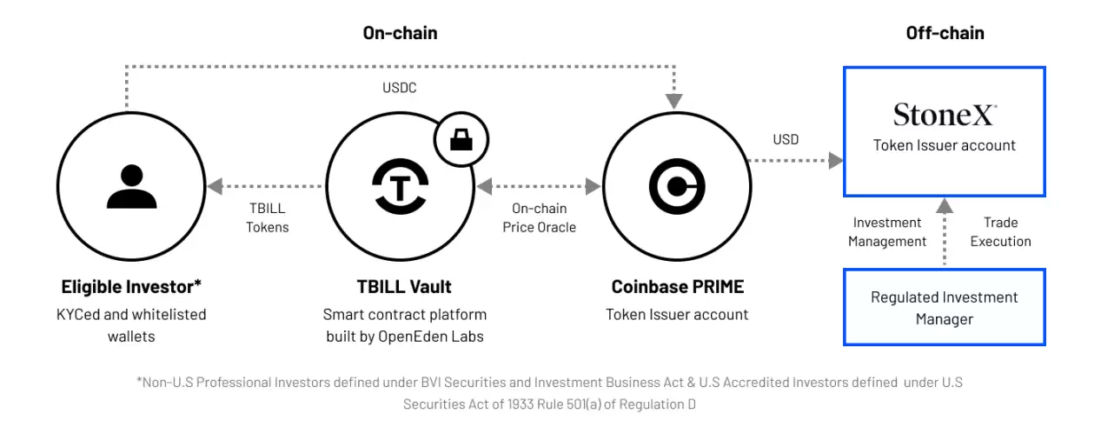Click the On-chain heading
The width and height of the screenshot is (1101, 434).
coord(400,33)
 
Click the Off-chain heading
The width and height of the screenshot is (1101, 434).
coord(945,33)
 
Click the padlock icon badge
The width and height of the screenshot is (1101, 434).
coord(461,139)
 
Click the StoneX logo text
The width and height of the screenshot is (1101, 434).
coord(945,115)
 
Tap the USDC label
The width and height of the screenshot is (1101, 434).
coord(400,88)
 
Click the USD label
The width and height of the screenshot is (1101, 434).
coord(786,139)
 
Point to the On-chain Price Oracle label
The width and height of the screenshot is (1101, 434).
coord(539,217)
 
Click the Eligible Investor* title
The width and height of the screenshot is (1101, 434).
coord(131,286)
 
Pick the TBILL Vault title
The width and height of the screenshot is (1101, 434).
coord(405,286)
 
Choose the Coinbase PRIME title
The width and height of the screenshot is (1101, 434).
coord(678,286)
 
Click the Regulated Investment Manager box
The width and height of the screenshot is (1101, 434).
coord(945,308)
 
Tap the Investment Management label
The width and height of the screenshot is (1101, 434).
coord(887,232)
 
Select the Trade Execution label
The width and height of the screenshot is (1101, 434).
coord(1000,232)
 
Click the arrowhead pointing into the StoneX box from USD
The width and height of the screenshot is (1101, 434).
coord(835,160)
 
